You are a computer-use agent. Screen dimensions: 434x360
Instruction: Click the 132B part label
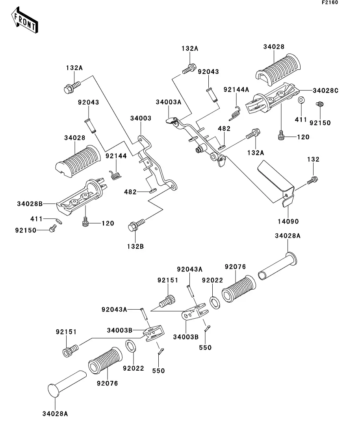pyautogui.click(x=135, y=246)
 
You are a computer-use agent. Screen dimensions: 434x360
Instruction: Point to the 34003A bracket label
pyautogui.click(x=168, y=102)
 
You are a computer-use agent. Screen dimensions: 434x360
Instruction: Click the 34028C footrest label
pyautogui.click(x=325, y=90)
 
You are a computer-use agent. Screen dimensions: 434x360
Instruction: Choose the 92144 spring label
pyautogui.click(x=116, y=156)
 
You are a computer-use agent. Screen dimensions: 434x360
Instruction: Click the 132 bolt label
pyautogui.click(x=314, y=160)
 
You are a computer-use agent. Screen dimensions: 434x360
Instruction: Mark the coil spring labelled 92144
pyautogui.click(x=115, y=174)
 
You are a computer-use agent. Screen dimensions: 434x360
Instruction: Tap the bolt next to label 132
pyautogui.click(x=312, y=181)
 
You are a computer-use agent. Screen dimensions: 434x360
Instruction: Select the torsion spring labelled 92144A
pyautogui.click(x=235, y=113)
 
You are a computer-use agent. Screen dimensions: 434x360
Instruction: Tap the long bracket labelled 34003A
pyautogui.click(x=197, y=138)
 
